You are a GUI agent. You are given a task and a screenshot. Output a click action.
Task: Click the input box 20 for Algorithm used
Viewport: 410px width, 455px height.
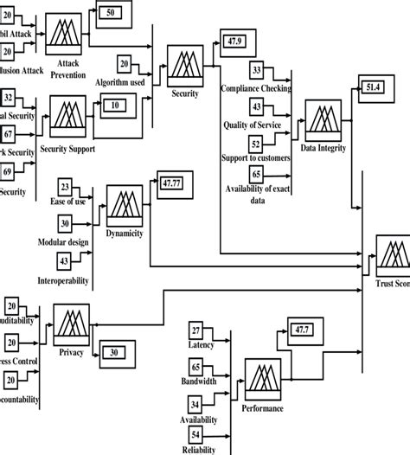[x=125, y=64]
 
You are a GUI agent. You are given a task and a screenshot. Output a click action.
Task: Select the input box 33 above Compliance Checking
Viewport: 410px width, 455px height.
[x=257, y=69]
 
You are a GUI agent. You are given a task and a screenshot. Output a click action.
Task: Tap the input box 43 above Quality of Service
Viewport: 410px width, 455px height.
[x=257, y=105]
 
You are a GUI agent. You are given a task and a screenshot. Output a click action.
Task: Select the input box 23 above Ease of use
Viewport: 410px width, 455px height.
[x=65, y=187]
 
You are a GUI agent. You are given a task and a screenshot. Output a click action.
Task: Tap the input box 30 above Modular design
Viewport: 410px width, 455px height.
[x=65, y=222]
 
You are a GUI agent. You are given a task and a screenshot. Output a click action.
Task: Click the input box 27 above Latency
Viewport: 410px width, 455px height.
[x=196, y=330]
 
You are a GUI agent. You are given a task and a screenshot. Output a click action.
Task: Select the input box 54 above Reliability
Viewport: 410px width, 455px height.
[x=196, y=433]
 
